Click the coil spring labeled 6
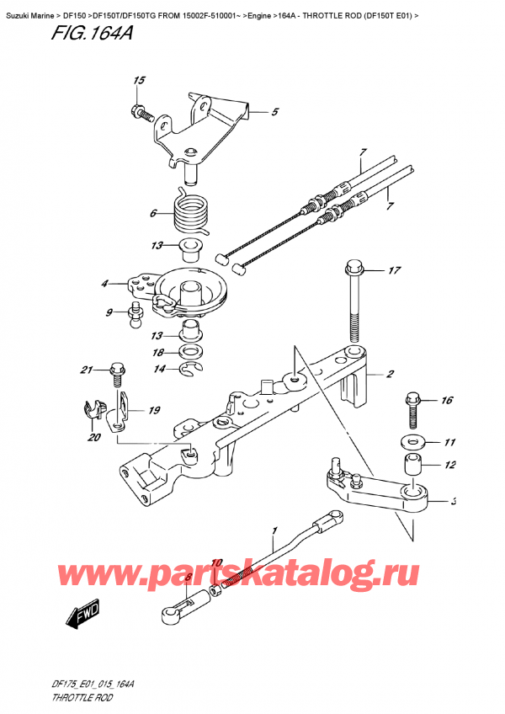(191, 214)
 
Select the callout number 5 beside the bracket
(274, 111)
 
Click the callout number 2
(391, 375)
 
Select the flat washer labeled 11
(412, 441)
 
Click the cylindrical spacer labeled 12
(412, 465)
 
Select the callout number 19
(155, 411)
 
